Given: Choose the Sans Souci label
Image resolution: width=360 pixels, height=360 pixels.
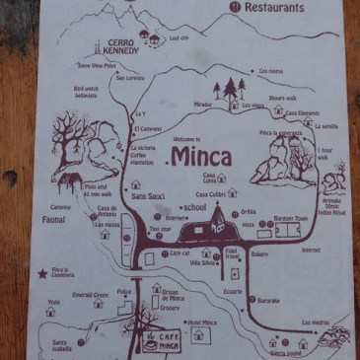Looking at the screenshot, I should [x=148, y=197].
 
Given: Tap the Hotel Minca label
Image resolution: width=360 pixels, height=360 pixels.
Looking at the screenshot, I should [x=202, y=323].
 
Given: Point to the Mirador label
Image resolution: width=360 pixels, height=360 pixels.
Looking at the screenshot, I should [x=203, y=103].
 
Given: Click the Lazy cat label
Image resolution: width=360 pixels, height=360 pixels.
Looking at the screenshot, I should [x=180, y=252].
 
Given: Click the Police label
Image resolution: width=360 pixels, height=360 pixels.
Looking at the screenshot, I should [x=124, y=291].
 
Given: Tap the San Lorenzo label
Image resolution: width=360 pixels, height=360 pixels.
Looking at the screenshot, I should [x=130, y=77].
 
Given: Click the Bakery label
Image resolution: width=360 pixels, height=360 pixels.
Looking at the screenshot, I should [x=259, y=252].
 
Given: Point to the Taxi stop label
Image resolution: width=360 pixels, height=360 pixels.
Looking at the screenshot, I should [x=160, y=228].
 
